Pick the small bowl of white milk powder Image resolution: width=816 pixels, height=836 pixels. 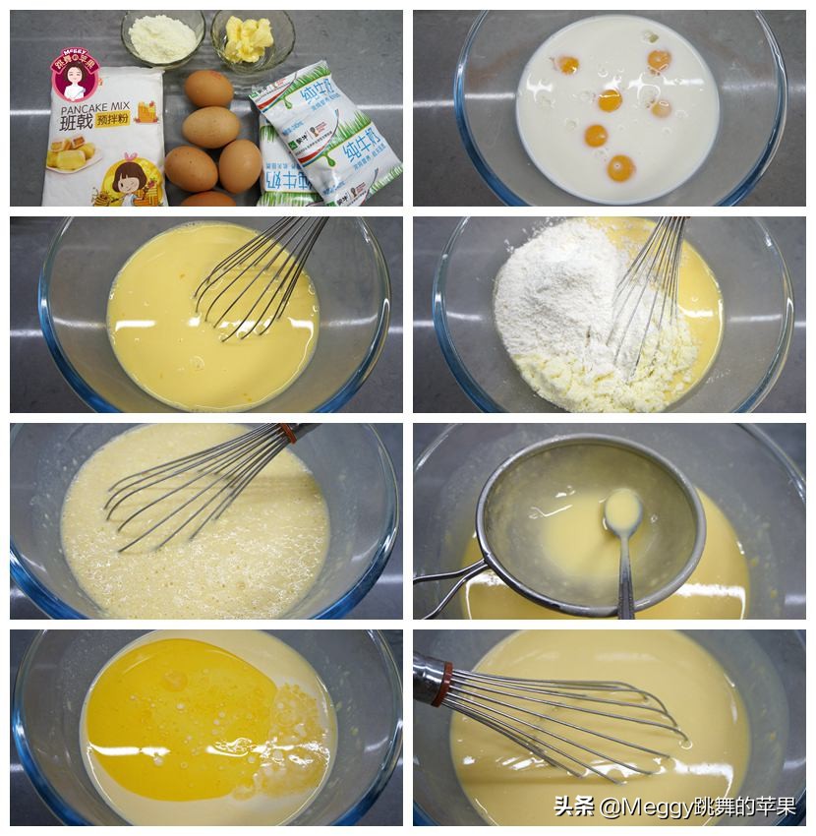pos(162,38)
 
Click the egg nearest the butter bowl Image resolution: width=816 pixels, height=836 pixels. pos(209,89)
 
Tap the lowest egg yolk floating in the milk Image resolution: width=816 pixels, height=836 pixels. pos(620,167)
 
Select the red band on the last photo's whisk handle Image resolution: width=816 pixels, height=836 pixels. pos(445,677)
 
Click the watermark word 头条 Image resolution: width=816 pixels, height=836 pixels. pos(574,807)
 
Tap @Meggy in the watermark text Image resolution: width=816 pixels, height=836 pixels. pos(640,807)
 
